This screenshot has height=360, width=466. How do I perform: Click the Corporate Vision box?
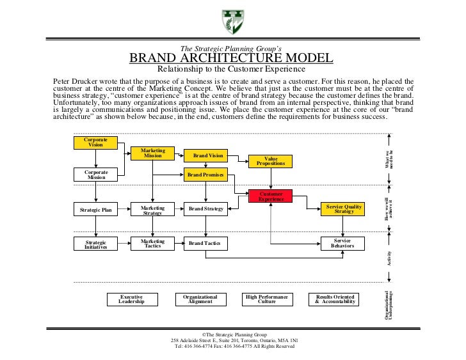(x=96, y=142)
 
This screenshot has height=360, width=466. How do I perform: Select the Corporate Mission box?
(x=96, y=175)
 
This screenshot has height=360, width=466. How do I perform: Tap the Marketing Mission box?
(x=152, y=153)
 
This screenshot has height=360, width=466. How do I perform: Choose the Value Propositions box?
(x=271, y=161)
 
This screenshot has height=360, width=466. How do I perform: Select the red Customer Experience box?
(x=271, y=196)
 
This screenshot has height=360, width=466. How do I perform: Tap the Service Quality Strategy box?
(x=344, y=208)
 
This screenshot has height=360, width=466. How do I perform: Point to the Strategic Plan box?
(x=96, y=209)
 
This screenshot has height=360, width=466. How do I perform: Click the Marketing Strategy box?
(x=152, y=210)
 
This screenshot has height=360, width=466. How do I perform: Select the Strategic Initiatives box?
(x=96, y=244)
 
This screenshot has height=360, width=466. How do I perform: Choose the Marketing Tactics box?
(x=152, y=243)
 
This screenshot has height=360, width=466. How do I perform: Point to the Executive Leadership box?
(x=131, y=299)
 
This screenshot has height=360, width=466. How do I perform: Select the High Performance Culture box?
(x=267, y=299)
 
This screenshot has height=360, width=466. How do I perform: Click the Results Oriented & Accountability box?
(x=335, y=299)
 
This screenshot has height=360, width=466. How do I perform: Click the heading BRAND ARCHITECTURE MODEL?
(x=231, y=58)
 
